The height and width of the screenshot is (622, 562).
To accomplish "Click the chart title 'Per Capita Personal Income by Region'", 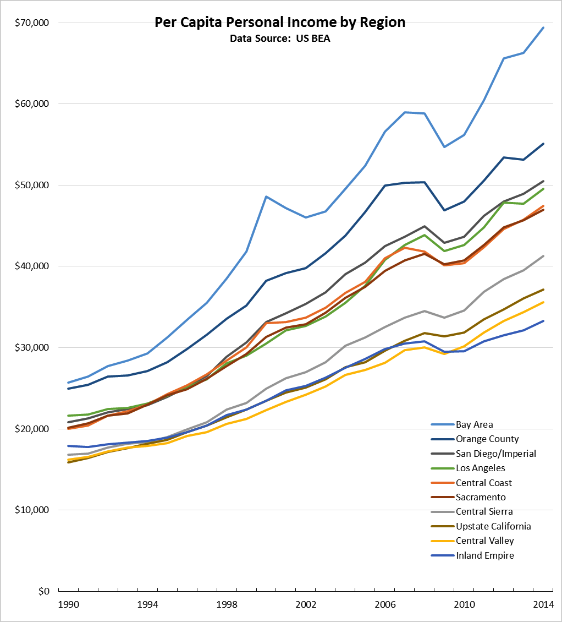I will click(280, 23).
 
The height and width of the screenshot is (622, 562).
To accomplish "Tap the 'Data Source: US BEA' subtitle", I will click(280, 39).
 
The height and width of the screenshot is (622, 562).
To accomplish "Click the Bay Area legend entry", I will click(474, 424).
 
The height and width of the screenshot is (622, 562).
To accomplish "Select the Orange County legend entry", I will click(487, 439).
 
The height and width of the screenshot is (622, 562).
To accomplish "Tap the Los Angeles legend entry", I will click(480, 468).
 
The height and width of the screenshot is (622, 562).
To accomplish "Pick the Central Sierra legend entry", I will click(484, 512).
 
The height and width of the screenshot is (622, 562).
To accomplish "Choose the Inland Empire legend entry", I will click(484, 555).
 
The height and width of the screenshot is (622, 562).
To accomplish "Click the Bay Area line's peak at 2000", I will click(266, 197).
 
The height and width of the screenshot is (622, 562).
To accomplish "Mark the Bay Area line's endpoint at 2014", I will click(543, 28).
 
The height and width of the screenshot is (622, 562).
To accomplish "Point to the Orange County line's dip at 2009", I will click(444, 210).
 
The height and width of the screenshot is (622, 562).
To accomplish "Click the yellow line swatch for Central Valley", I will click(441, 541).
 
